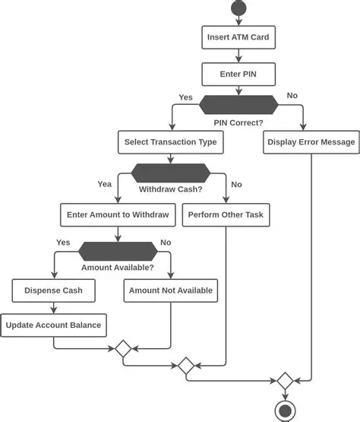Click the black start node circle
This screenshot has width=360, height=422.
click(239, 9)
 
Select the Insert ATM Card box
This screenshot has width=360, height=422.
click(238, 36)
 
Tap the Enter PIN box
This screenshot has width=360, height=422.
click(238, 75)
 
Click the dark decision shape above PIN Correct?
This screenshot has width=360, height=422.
click(238, 105)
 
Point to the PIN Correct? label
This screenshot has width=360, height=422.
click(238, 122)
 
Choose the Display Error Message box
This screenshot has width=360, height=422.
click(311, 142)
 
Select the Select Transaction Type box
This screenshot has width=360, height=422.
click(171, 142)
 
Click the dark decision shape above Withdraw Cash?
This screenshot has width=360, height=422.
click(170, 172)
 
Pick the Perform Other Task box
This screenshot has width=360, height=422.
click(226, 215)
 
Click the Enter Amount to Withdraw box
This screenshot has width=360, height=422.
click(118, 215)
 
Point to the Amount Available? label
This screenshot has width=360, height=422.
click(118, 268)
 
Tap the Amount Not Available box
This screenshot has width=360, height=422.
click(171, 290)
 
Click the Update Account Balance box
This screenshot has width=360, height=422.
click(53, 325)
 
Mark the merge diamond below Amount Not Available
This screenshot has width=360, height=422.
click(122, 348)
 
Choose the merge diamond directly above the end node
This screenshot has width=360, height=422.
click(284, 380)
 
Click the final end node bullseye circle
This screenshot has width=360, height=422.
click(284, 411)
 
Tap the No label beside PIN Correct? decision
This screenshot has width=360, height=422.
click(292, 95)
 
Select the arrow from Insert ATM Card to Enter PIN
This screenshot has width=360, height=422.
click(238, 56)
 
